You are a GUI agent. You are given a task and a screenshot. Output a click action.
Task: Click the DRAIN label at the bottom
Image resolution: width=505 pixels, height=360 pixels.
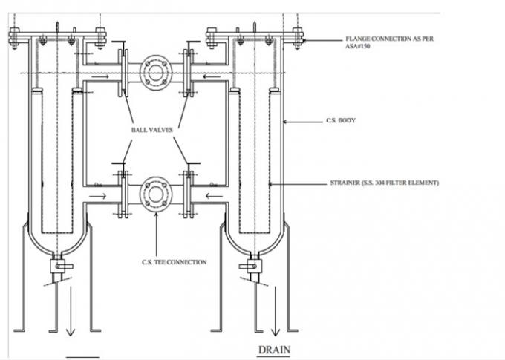pyautogui.click(x=274, y=350)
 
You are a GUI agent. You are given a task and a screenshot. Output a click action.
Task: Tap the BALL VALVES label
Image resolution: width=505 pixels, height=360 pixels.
pyautogui.click(x=152, y=130)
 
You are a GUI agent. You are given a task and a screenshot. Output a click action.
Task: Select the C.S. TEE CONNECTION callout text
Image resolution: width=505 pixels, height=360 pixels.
pyautogui.click(x=175, y=262)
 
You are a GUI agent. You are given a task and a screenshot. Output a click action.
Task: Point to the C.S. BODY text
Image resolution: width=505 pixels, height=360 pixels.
pyautogui.click(x=341, y=120)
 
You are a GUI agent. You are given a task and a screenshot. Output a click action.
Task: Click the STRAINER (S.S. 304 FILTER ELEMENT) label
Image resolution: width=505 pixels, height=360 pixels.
pyautogui.click(x=384, y=183)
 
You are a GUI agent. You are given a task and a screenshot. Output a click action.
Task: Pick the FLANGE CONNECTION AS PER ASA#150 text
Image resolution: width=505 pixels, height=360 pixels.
pyautogui.click(x=389, y=42)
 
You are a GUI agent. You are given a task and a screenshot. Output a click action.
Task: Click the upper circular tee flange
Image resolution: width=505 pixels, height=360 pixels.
pyautogui.click(x=156, y=73)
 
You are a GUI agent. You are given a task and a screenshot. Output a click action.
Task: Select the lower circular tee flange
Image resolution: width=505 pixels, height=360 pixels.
pyautogui.click(x=156, y=194)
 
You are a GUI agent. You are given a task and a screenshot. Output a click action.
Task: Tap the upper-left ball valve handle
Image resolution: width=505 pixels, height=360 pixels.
pyautogui.click(x=119, y=42)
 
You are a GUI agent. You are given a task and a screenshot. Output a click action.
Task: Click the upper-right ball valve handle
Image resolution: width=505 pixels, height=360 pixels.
pyautogui.click(x=193, y=42)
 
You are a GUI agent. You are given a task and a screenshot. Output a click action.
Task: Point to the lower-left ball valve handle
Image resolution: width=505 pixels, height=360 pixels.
pyautogui.click(x=119, y=163)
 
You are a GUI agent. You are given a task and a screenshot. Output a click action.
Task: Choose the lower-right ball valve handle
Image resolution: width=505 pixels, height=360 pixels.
pyautogui.click(x=193, y=163)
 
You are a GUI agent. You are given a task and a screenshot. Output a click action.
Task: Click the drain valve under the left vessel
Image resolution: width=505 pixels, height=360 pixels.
pyautogui.click(x=61, y=266)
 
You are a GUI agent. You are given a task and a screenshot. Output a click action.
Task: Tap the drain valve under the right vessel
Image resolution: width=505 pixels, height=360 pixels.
pyautogui.click(x=251, y=266)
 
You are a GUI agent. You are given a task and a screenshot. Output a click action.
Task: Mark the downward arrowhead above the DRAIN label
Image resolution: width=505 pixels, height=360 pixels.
pyautogui.click(x=275, y=332)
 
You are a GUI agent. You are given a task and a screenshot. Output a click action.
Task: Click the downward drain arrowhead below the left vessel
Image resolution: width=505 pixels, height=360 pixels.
pyautogui.click(x=71, y=332)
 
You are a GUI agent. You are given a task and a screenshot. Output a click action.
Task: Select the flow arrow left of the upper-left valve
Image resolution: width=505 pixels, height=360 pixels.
pyautogui.click(x=100, y=76)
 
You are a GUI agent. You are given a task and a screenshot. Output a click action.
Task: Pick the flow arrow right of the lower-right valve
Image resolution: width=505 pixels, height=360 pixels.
pyautogui.click(x=214, y=196)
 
